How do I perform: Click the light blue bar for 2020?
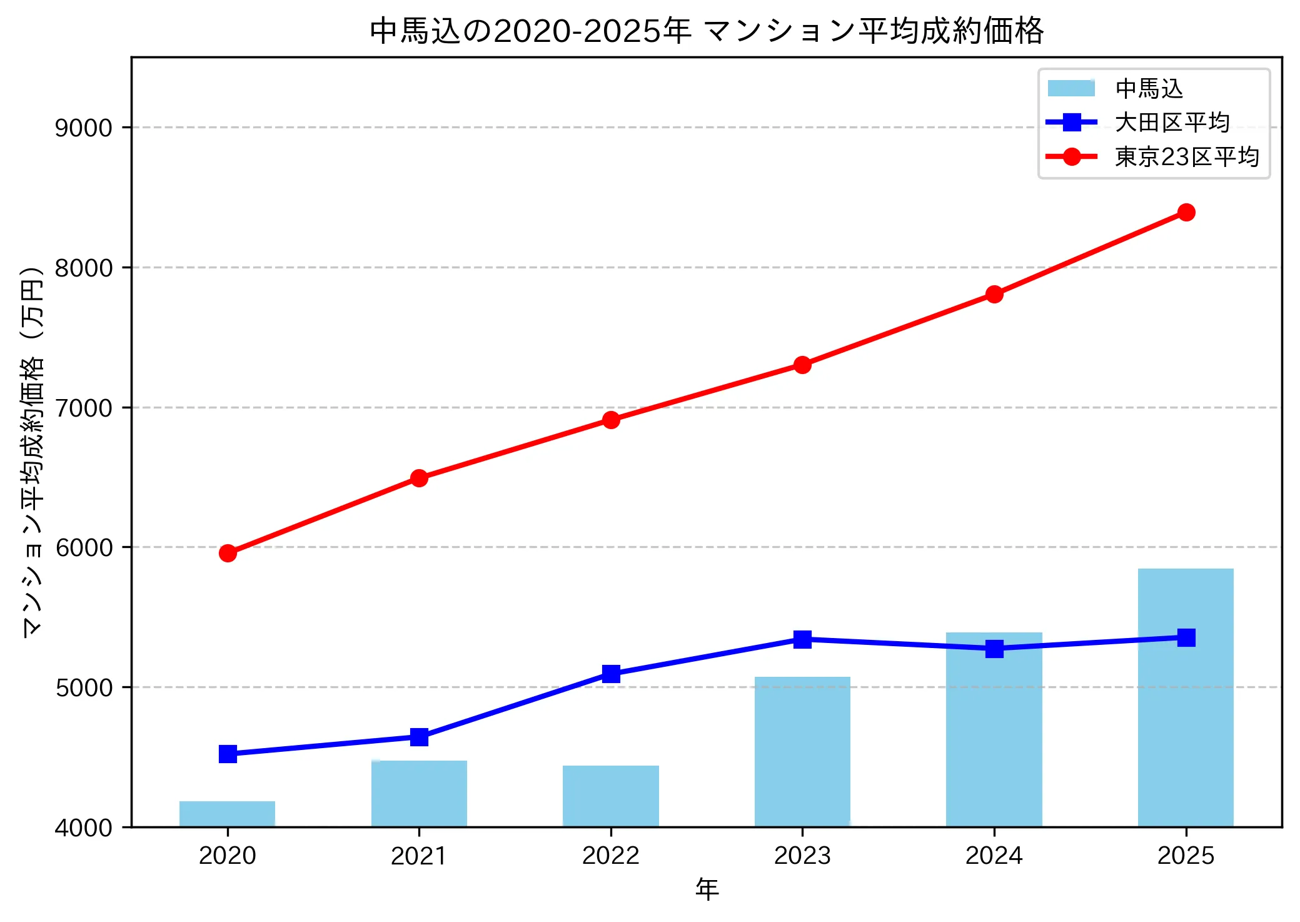coord(227,814)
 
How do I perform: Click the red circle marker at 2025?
coord(1186,213)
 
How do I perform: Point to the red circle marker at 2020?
coord(228,553)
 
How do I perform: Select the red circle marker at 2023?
coord(802,365)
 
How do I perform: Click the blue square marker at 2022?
coord(611,674)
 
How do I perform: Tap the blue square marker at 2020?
coord(228,754)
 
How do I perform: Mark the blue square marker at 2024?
coord(994,649)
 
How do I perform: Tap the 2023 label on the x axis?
coord(802,856)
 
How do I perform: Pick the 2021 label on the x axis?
coord(419,856)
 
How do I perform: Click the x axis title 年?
coord(707,889)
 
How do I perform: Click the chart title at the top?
coord(707,30)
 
